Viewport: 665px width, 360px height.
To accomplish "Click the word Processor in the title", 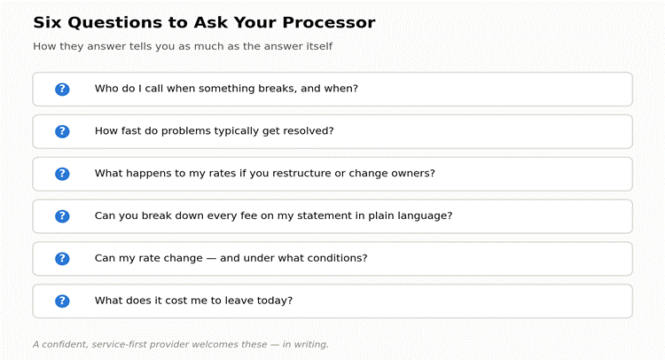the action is (329, 22).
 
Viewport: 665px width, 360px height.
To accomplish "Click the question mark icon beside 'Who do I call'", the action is (62, 89).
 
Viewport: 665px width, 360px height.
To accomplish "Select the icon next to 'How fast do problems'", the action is (62, 131).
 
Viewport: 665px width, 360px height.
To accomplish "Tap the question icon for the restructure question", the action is (62, 174).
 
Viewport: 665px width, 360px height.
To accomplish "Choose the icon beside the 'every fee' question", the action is (62, 216).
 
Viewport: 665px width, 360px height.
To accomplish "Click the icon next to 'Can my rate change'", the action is (62, 259).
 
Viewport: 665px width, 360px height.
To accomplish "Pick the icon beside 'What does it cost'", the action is (62, 301).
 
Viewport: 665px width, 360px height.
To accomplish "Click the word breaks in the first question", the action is (278, 88).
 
